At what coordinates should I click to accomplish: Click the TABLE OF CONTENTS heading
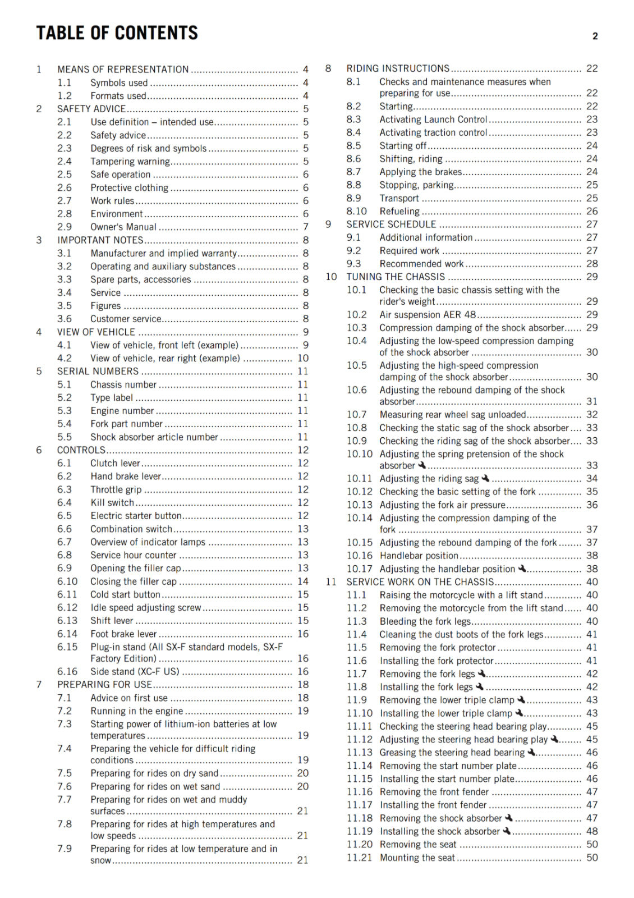click(117, 33)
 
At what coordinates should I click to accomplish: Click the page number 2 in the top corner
click(595, 36)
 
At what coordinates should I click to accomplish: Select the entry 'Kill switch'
click(112, 503)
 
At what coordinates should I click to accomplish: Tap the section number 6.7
click(65, 542)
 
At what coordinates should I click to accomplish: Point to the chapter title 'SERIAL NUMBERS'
click(98, 372)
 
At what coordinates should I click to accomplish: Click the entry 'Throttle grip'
click(116, 489)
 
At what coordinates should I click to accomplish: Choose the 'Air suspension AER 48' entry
click(428, 315)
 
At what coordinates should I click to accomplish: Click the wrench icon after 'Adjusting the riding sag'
click(486, 478)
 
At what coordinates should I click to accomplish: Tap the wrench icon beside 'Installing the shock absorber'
click(507, 831)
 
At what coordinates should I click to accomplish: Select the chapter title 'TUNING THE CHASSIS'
click(396, 277)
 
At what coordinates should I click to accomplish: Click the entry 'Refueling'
click(399, 212)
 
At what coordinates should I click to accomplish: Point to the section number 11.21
click(359, 858)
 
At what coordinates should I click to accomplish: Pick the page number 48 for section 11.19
click(592, 831)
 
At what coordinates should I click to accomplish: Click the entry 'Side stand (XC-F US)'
click(135, 672)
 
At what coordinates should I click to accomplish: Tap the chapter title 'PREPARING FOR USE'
click(104, 685)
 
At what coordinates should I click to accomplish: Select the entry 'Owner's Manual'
click(123, 227)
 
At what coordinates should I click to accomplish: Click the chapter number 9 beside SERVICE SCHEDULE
click(328, 224)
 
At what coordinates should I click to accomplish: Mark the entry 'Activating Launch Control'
click(433, 120)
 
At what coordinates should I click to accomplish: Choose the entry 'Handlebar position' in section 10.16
click(419, 556)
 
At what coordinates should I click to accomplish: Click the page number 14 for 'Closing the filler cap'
click(303, 581)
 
